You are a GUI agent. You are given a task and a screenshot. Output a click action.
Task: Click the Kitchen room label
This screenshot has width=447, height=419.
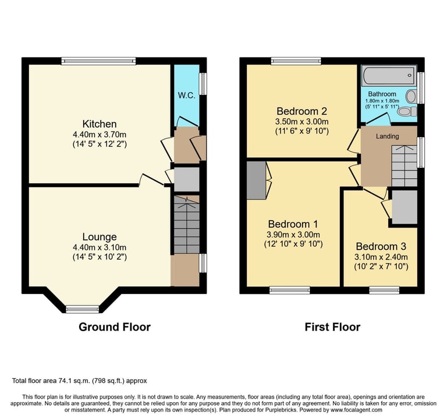[100, 124]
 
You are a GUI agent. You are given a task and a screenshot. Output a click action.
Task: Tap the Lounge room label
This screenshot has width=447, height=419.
[100, 237]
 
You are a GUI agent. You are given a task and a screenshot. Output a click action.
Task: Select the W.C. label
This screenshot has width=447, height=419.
[186, 95]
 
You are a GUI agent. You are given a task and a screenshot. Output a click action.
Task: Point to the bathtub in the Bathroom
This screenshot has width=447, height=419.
[388, 76]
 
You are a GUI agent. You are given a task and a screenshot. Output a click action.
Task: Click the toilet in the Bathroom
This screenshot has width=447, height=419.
[407, 112]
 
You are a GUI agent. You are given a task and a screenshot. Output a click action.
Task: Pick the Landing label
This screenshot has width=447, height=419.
[387, 136]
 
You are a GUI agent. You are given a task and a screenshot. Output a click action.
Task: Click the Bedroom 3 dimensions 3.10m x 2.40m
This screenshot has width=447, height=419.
[381, 257]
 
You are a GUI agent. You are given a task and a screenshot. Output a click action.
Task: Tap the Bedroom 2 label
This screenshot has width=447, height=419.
[301, 111]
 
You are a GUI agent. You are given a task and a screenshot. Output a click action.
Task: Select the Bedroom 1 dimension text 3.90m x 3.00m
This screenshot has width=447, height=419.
[293, 235]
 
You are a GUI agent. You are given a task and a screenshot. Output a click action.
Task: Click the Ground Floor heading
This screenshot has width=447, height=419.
[115, 327]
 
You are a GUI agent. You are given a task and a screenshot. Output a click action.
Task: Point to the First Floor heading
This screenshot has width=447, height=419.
[332, 327]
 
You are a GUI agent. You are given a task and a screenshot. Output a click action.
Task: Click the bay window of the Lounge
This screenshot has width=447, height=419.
[83, 309]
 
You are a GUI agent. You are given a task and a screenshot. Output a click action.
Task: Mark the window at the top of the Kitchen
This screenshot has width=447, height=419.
[98, 61]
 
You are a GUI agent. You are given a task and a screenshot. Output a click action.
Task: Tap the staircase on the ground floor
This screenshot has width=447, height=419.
[187, 225]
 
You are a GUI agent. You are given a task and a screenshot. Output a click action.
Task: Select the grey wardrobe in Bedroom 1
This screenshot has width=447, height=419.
[257, 180]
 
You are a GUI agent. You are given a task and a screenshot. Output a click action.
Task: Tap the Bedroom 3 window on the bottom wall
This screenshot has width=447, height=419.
[384, 290]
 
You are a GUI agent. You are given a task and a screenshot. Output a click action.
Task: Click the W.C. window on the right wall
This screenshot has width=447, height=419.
[203, 84]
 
